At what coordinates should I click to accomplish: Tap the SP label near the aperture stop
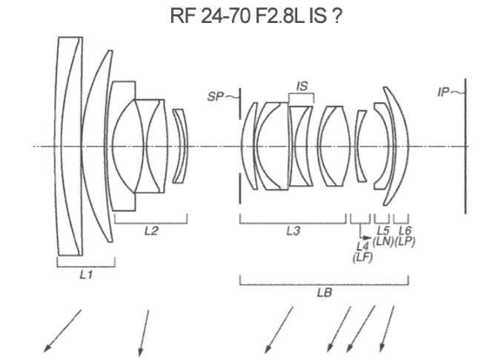coord(216,96)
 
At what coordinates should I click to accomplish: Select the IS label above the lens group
coord(302,87)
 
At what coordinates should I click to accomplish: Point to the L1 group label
coord(86,274)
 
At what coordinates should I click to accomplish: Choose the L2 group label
coord(150,230)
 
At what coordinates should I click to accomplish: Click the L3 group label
coord(293,231)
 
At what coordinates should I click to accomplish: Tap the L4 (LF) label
coord(363,252)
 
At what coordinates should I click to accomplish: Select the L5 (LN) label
coord(382,236)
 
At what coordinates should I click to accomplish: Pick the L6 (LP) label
coord(404,236)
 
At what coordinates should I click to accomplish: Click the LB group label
coord(323,292)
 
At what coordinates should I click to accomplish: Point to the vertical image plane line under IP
coord(465,148)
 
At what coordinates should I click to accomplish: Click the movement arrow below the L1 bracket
coord(63,329)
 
